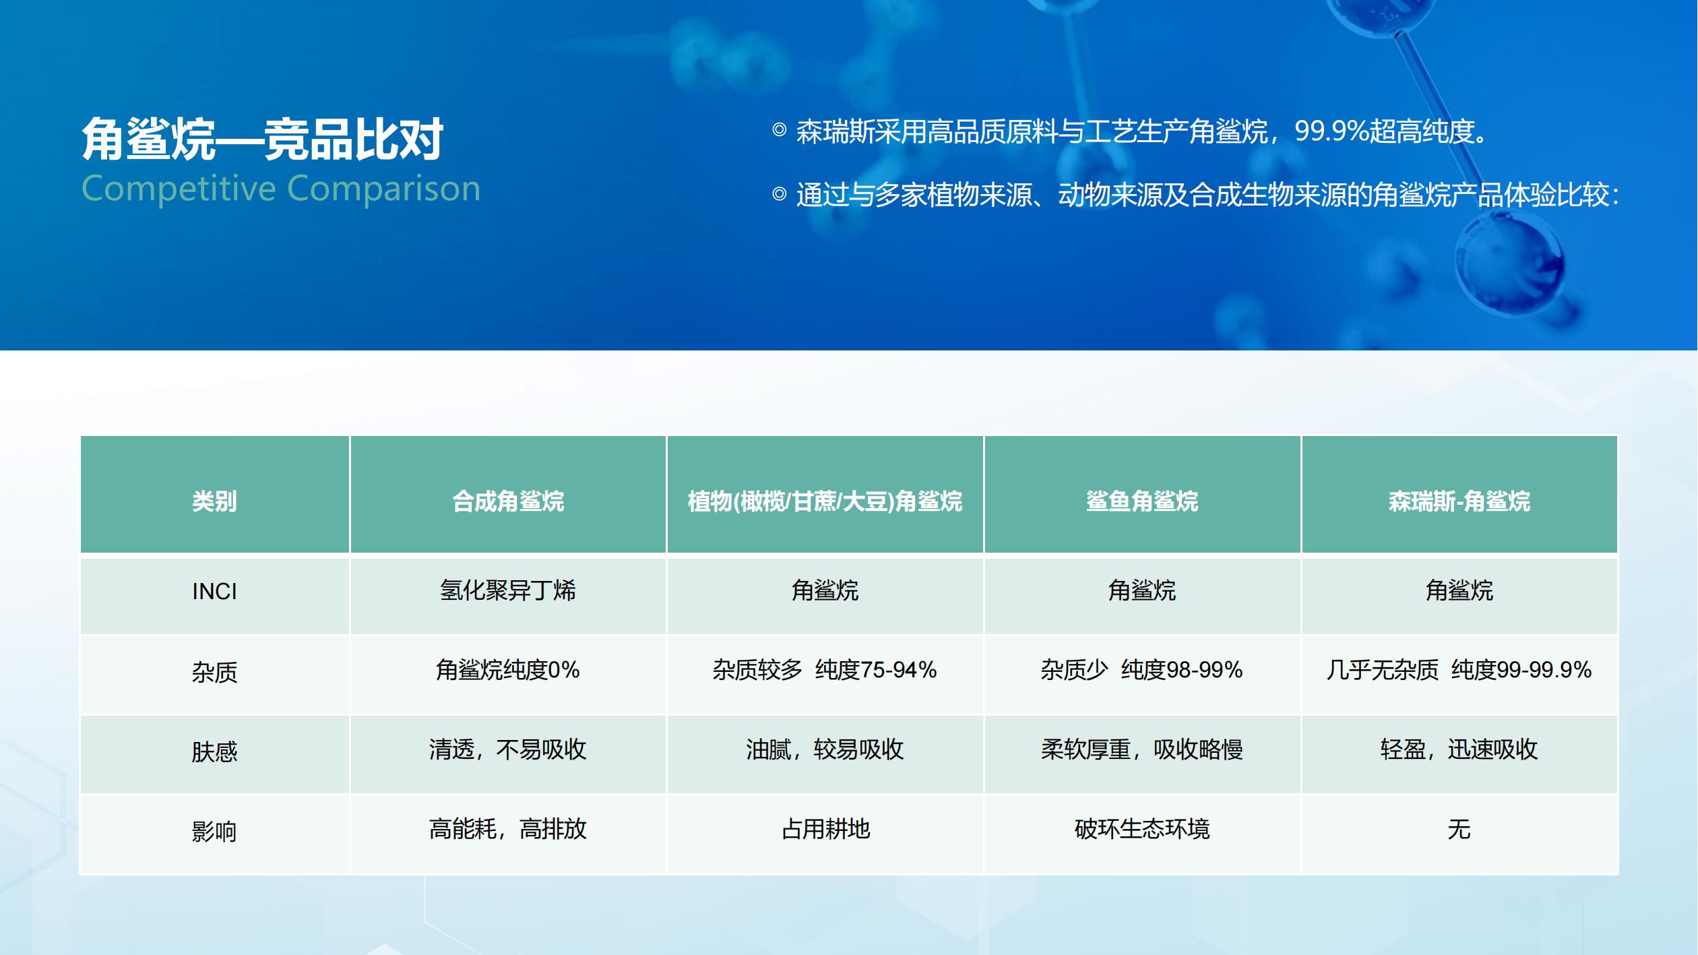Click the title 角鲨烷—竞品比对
[262, 139]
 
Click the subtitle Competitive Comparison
[281, 189]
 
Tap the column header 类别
[214, 501]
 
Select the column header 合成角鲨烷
[508, 501]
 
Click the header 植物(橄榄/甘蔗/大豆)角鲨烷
[825, 501]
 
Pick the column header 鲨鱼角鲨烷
[1142, 501]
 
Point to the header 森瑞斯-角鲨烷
[1459, 501]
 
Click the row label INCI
[214, 591]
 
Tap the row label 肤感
[214, 751]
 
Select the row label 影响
[214, 831]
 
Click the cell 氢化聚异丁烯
[508, 590]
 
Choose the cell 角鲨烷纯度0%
[508, 670]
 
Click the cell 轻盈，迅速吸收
[1459, 749]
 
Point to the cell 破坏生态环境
[1142, 829]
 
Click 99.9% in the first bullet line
[1332, 131]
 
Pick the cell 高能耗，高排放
[508, 829]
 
